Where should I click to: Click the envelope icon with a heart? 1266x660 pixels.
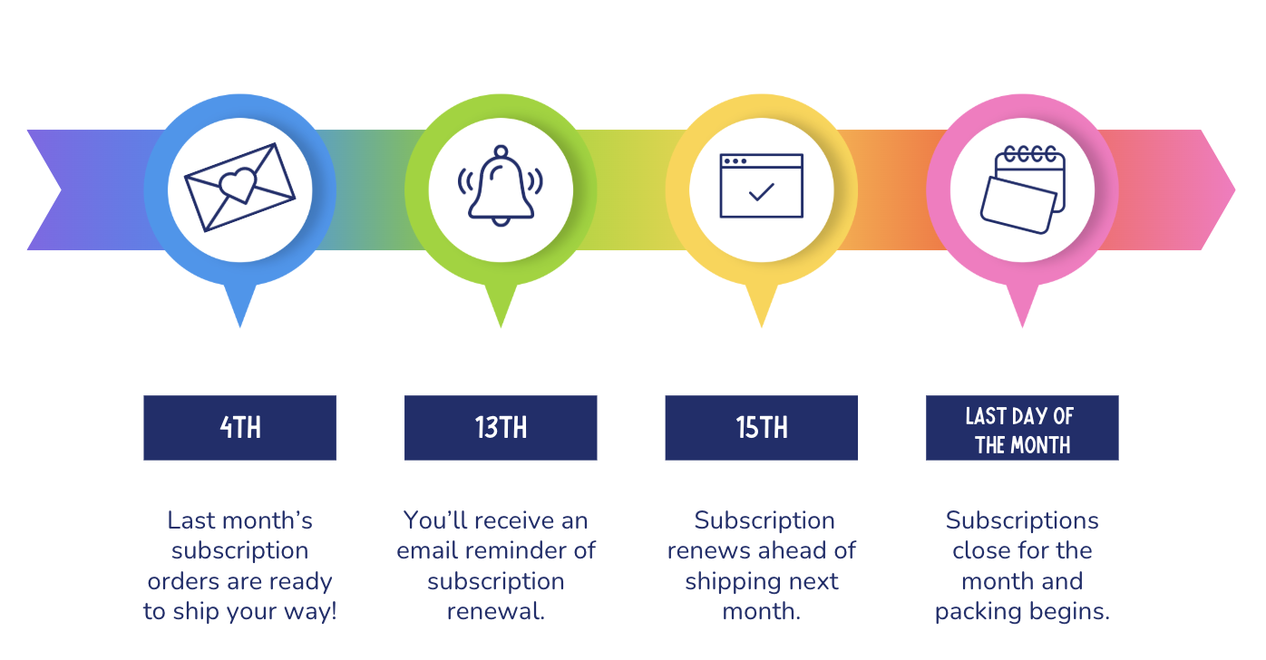[239, 188]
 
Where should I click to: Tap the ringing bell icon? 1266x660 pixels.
[501, 186]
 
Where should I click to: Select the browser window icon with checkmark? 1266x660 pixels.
[761, 186]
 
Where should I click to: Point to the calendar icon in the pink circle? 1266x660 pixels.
[1022, 189]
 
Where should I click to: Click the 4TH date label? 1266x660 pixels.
[240, 428]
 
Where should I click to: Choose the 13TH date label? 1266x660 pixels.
[501, 428]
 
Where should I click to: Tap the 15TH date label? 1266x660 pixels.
[761, 428]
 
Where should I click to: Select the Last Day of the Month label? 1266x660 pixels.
[1022, 428]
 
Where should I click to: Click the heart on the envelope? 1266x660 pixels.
[238, 184]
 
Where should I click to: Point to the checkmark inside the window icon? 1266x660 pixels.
[761, 192]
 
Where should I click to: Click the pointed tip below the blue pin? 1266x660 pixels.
[240, 326]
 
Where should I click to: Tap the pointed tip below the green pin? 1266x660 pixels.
[501, 326]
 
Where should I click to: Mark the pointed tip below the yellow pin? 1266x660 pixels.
[761, 326]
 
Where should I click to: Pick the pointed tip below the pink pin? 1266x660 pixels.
[1022, 326]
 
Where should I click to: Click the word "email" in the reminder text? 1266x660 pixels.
[427, 551]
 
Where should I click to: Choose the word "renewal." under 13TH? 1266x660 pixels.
[496, 611]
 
